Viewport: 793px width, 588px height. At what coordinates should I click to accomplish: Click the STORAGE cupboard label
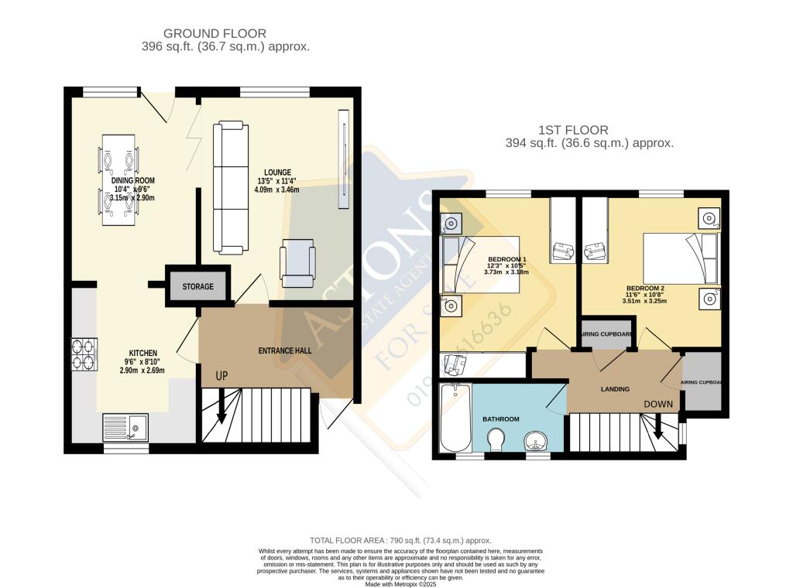point(198,287)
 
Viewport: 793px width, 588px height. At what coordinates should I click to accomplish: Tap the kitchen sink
point(126,427)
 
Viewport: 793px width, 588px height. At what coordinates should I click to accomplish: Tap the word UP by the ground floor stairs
point(221,376)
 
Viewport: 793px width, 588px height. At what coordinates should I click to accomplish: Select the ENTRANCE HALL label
point(285,350)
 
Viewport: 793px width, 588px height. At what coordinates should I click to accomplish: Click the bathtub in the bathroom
point(455,418)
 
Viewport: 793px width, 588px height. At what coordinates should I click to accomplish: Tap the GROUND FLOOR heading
point(215,33)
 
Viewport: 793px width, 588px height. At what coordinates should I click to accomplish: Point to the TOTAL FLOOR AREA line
point(400,540)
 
